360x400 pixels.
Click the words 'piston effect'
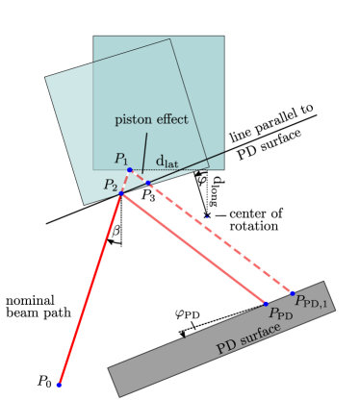click(x=152, y=120)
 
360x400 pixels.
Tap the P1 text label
click(x=120, y=159)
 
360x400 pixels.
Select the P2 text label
click(x=112, y=186)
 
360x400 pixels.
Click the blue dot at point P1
click(x=130, y=170)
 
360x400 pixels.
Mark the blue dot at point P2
click(x=120, y=193)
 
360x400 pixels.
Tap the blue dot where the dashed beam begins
click(x=147, y=182)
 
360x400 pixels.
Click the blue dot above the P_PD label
click(x=267, y=303)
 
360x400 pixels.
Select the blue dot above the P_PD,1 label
click(x=293, y=292)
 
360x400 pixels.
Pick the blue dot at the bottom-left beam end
click(x=60, y=385)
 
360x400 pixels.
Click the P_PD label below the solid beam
click(x=280, y=314)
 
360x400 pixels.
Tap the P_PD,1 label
click(x=312, y=303)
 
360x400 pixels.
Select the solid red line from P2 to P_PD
click(x=193, y=248)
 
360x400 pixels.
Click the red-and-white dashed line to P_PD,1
click(x=221, y=238)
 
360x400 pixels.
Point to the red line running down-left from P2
click(x=90, y=288)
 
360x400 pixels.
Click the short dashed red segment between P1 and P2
click(x=124, y=182)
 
